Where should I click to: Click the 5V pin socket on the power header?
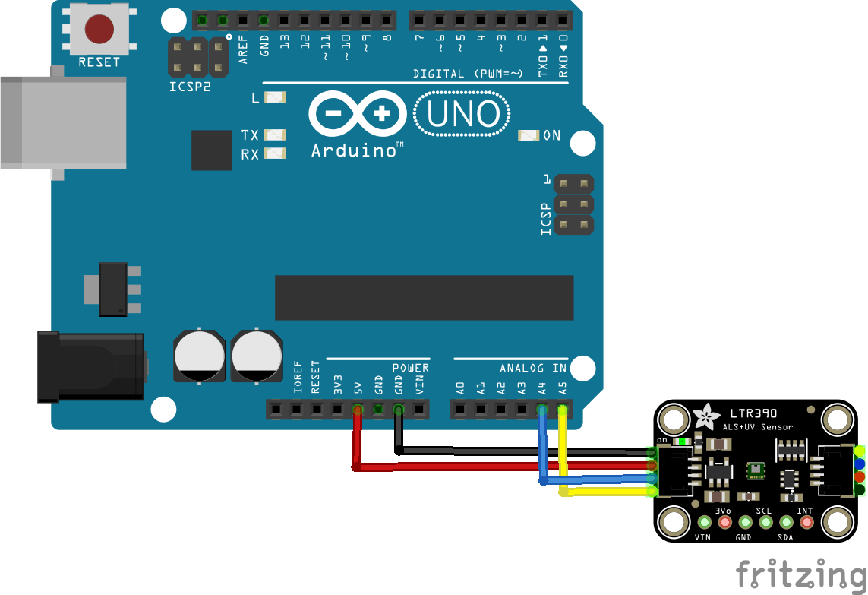[358, 410]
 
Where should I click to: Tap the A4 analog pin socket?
[541, 410]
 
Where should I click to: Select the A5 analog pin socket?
[562, 410]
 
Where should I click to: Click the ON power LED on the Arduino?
[529, 135]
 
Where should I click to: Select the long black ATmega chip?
[424, 298]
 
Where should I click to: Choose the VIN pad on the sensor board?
[704, 522]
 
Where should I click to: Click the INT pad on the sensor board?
[806, 522]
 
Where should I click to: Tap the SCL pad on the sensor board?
[765, 522]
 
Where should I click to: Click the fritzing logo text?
[800, 574]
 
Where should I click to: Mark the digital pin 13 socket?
[284, 19]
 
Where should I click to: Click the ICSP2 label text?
[190, 87]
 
